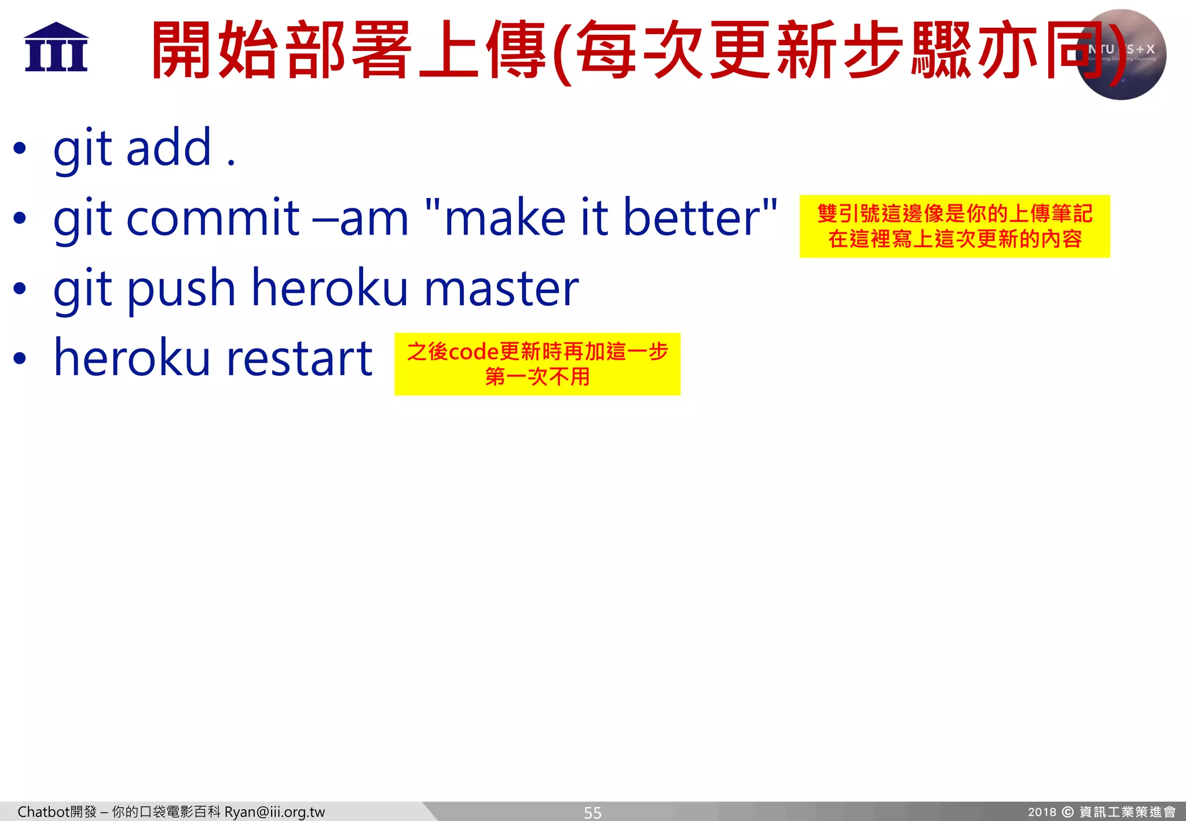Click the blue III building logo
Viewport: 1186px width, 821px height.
56,47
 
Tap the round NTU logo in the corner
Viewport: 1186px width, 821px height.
1121,54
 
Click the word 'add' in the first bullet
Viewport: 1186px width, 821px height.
169,148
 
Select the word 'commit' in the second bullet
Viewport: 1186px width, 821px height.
213,218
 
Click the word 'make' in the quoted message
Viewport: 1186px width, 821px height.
504,218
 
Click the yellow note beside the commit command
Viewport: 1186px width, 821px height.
954,226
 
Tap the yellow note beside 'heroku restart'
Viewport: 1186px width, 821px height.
537,364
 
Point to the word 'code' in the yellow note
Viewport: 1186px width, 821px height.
474,352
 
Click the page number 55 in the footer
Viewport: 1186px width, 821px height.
592,812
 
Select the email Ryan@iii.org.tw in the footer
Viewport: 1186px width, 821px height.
274,812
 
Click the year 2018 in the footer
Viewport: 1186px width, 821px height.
1042,812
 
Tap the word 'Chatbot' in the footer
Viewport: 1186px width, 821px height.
43,812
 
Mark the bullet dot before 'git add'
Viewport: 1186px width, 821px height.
20,148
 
